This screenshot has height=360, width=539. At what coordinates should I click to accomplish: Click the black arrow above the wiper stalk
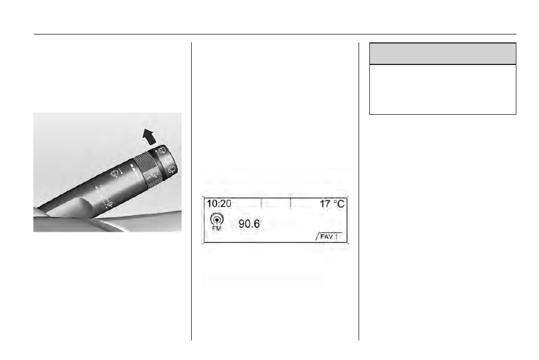coord(149,137)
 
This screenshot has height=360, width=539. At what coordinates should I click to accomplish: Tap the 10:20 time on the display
coord(219,203)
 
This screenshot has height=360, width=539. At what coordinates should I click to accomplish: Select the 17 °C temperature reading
coord(332,204)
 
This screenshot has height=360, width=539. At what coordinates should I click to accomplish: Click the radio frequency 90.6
coord(249,224)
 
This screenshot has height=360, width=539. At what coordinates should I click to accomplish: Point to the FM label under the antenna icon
coord(217,228)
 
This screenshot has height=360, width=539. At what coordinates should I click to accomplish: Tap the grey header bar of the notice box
coord(443,54)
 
